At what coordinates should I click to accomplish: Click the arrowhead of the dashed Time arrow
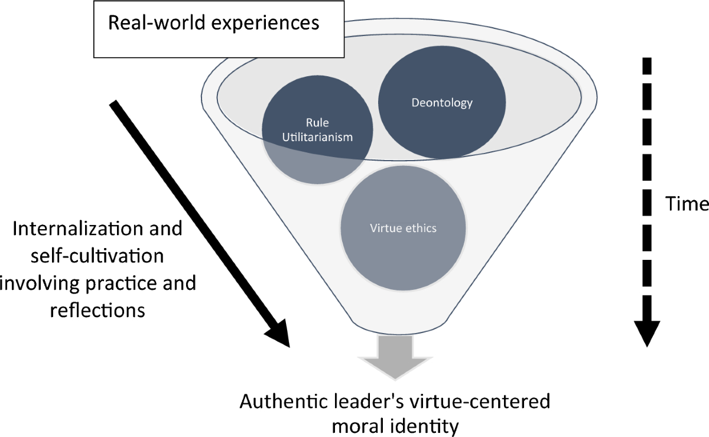648,334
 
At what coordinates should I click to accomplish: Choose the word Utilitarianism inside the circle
317,137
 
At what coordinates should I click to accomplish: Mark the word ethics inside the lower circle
420,228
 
